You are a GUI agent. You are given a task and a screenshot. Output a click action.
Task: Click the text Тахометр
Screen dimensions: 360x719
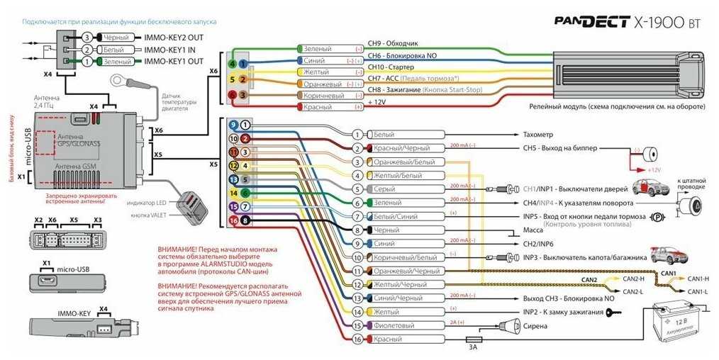coord(537,134)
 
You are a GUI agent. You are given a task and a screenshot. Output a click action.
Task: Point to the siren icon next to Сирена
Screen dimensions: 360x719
coord(507,326)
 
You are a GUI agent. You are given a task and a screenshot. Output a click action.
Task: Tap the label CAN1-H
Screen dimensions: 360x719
coord(698,279)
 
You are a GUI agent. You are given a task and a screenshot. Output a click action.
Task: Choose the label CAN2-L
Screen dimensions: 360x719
coord(632,291)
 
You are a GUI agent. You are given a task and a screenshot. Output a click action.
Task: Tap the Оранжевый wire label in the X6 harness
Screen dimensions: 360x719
coord(323,84)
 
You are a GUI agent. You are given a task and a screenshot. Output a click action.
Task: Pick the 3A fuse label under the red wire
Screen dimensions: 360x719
coord(472,347)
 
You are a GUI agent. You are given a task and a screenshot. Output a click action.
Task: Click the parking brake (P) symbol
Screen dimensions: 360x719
coord(657,217)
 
